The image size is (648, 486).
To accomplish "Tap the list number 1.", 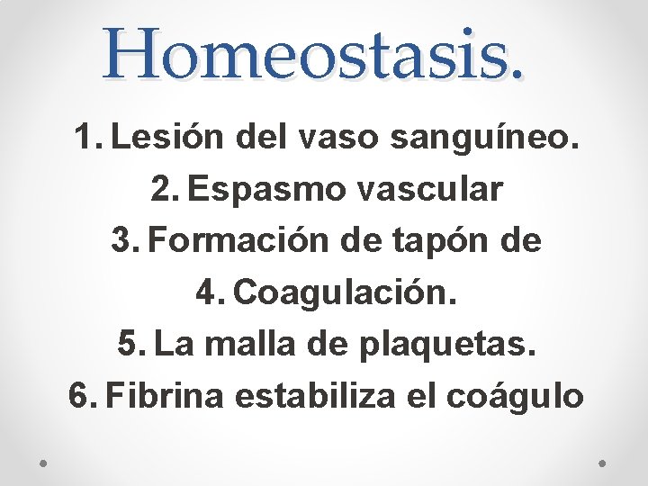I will click(x=86, y=139).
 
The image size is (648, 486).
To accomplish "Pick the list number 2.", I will click(x=165, y=191).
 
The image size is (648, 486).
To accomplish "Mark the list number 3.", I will click(x=123, y=242).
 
